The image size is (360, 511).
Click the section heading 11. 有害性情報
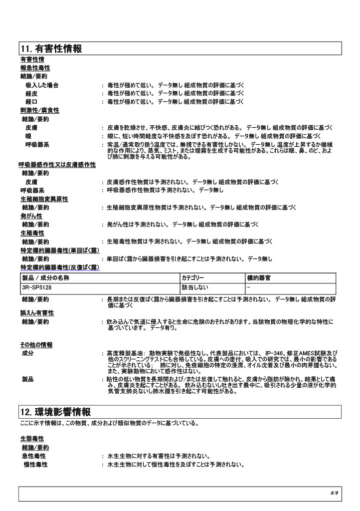tap(51, 48)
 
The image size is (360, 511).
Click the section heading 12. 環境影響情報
tap(55, 412)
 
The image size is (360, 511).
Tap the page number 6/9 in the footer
tap(334, 493)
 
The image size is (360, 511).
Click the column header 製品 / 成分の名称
tap(46, 277)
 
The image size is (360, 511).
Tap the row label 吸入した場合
tap(42, 85)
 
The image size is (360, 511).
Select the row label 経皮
tap(32, 93)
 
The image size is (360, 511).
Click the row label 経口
tap(32, 102)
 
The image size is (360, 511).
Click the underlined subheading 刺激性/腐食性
tap(39, 110)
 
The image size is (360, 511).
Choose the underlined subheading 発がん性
tap(32, 216)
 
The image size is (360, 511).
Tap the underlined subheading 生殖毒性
tap(32, 233)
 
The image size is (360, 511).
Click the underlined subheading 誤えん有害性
tap(37, 313)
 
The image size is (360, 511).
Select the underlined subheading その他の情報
tap(36, 345)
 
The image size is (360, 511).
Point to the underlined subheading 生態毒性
tap(32, 438)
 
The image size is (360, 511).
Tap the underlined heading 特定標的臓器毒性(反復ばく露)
tap(59, 267)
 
